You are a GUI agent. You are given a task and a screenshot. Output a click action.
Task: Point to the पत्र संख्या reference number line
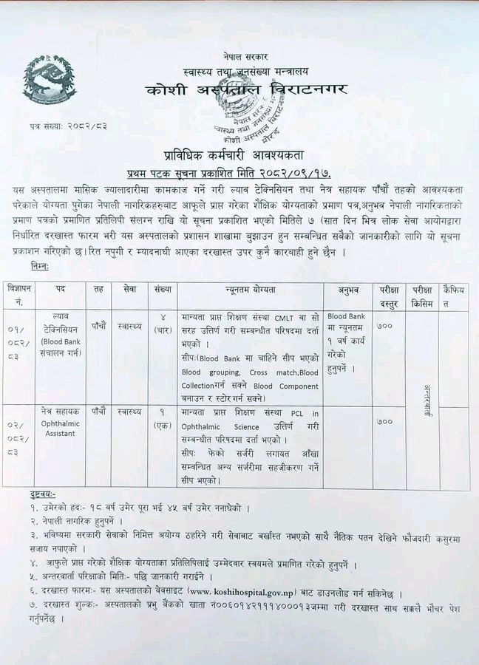tap(64, 126)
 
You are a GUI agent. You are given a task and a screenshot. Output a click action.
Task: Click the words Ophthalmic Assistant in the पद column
tap(60, 426)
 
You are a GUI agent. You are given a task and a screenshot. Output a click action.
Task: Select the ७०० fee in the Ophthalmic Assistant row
tap(385, 422)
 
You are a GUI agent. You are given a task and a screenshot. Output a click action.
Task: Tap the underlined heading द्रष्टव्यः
tap(44, 493)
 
